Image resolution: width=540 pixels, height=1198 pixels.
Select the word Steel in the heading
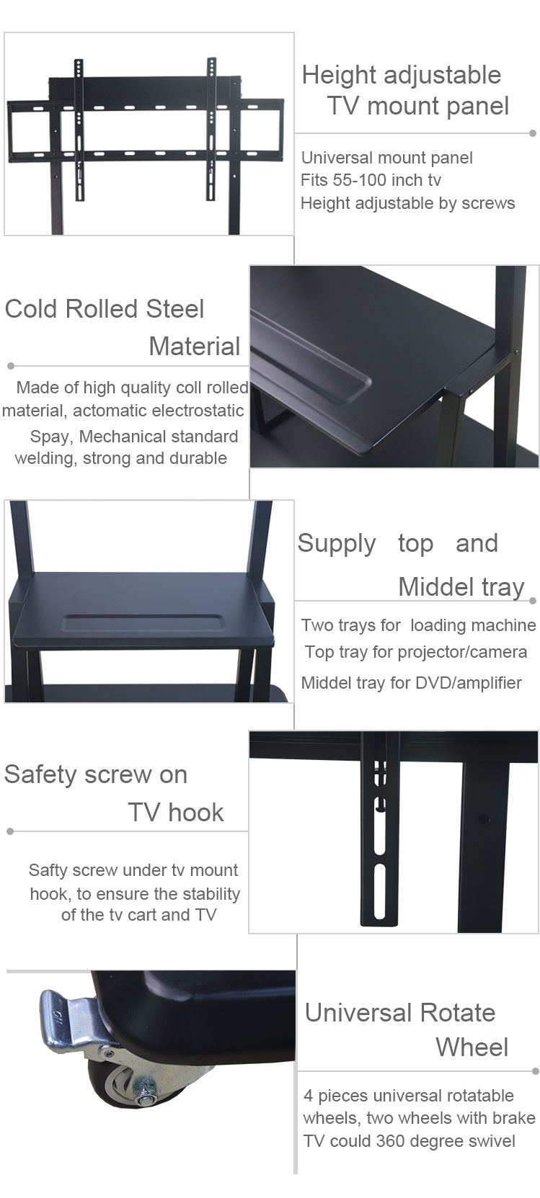(x=174, y=308)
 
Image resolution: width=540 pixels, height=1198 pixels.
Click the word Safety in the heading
(x=40, y=775)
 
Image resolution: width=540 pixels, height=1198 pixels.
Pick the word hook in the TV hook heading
(x=195, y=813)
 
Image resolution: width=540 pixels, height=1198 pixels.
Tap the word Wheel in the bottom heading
(x=472, y=1047)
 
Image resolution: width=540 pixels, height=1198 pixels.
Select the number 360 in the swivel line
(x=389, y=1141)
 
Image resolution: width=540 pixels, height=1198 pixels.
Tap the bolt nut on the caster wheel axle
(x=144, y=1097)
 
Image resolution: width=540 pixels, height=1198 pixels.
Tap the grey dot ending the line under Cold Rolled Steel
(x=11, y=366)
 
